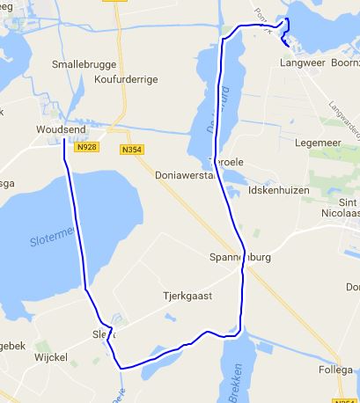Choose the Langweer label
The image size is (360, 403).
[x=302, y=63]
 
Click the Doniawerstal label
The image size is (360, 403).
[x=184, y=175]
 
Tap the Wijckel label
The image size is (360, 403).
[x=51, y=360]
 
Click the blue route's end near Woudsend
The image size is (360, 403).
[x=64, y=142]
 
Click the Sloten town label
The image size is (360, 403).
[x=103, y=335]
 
